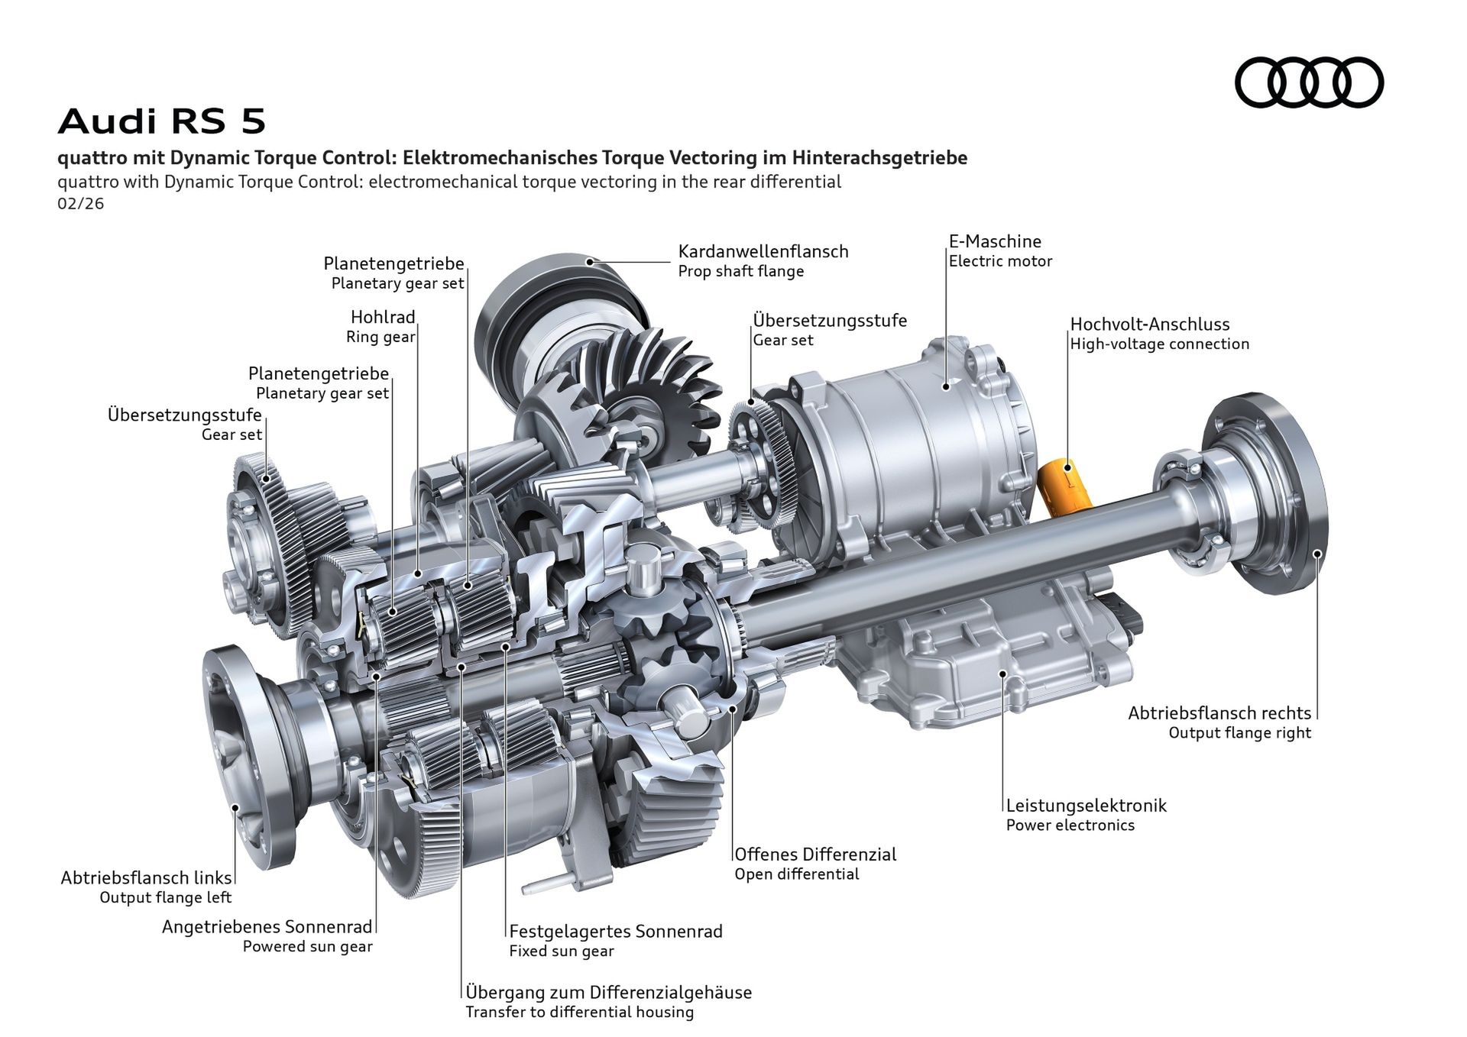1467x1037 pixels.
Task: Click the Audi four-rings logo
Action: [1309, 82]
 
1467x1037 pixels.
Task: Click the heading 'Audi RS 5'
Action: [162, 121]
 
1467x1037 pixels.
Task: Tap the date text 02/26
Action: [80, 204]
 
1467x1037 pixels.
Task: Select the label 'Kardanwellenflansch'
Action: [763, 251]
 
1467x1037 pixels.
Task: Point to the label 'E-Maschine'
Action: [995, 241]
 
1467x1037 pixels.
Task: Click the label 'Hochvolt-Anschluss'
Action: [1149, 324]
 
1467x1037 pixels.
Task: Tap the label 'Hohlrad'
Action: [383, 317]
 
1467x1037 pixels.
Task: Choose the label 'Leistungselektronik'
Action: [1086, 805]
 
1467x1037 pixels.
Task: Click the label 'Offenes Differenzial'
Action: [815, 854]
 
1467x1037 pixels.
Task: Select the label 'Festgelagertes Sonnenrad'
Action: [616, 931]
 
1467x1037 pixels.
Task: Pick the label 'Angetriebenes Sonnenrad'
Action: [267, 926]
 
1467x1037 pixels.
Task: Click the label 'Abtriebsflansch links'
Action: [146, 877]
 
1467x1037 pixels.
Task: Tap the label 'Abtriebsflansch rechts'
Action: [1219, 712]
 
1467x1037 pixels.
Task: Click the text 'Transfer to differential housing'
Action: [580, 1012]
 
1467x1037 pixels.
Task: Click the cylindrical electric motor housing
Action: [917, 435]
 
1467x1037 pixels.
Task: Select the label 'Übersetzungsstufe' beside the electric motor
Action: [830, 320]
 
